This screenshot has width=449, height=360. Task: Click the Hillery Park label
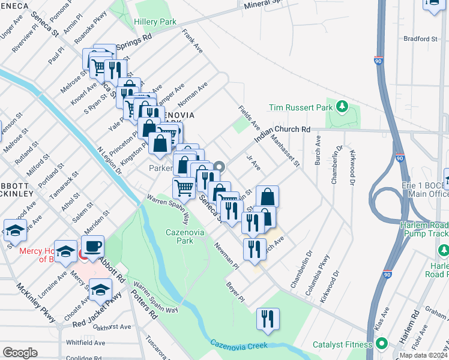(x=155, y=22)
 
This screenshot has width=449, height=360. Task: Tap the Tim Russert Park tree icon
(x=342, y=107)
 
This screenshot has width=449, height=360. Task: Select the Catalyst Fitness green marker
(x=381, y=344)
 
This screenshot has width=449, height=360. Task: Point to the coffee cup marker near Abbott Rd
(x=92, y=247)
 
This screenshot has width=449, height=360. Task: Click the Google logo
(x=20, y=353)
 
